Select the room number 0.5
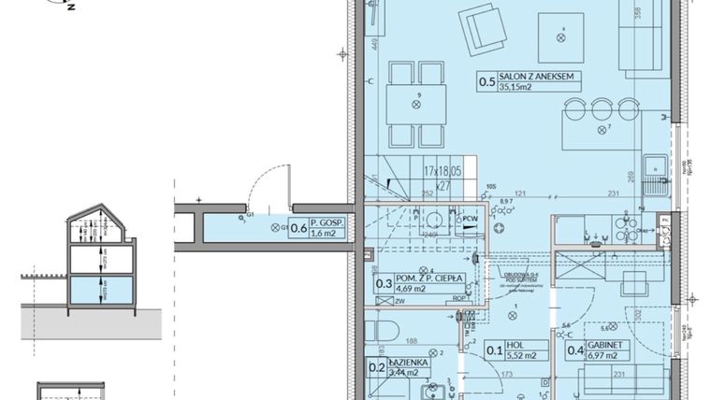[x=487, y=83]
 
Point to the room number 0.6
[x=299, y=226]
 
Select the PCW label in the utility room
[x=467, y=221]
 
